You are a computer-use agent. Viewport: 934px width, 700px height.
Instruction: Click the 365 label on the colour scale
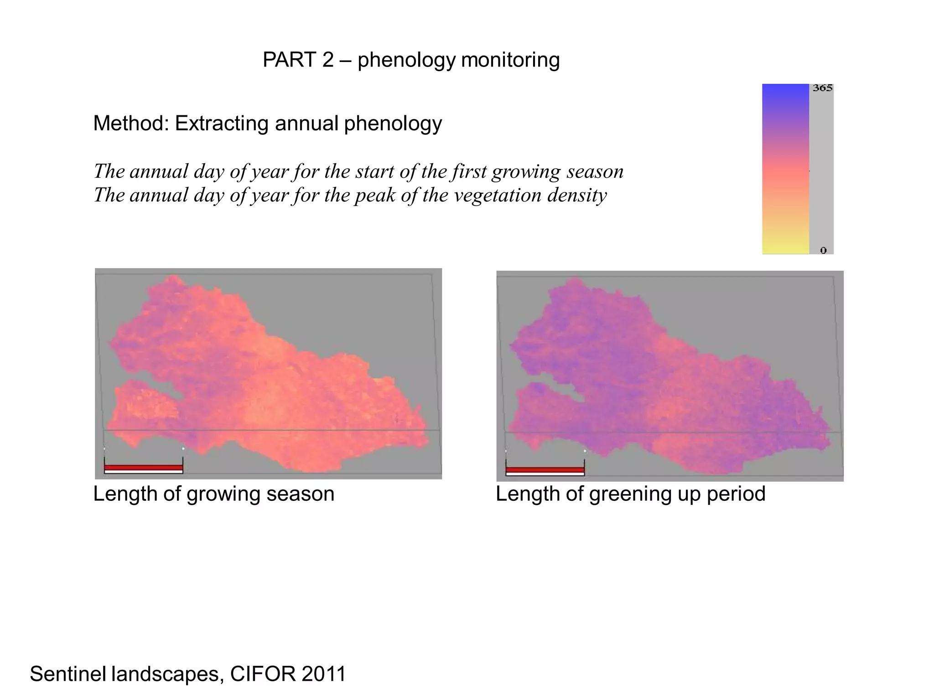tap(822, 88)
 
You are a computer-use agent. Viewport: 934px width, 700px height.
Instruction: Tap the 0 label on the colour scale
tap(823, 250)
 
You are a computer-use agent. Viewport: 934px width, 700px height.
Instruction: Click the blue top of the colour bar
tap(785, 91)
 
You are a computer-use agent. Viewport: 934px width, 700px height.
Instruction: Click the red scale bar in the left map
tap(143, 468)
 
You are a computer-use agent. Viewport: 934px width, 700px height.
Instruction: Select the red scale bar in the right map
tap(545, 470)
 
